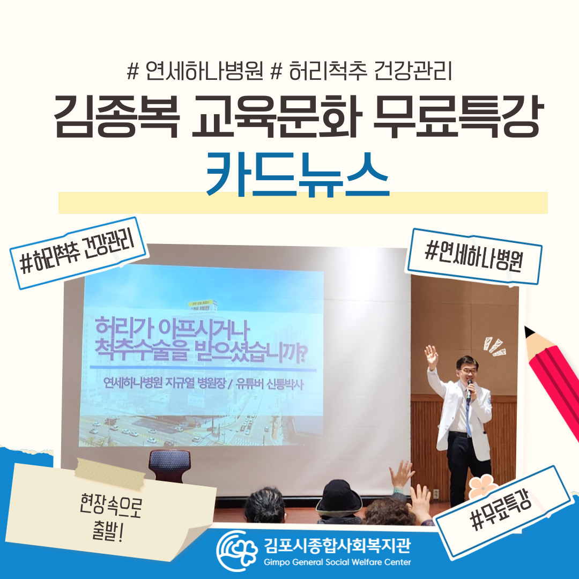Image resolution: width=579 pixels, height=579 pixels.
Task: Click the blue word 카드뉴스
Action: [298, 175]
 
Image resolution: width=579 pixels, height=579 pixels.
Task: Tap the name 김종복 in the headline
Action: [117, 116]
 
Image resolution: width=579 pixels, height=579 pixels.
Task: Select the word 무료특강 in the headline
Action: [458, 116]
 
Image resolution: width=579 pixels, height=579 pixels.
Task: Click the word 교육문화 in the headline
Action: [277, 116]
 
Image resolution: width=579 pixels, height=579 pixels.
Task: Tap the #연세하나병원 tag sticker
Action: [474, 256]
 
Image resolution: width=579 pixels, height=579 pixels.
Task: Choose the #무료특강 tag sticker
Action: [502, 511]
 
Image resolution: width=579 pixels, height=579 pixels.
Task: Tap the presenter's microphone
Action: [469, 390]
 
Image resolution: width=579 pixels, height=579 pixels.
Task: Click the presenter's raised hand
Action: [431, 357]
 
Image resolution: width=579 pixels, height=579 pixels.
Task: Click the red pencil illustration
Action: [552, 380]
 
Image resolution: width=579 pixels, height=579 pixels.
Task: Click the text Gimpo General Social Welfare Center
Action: [337, 562]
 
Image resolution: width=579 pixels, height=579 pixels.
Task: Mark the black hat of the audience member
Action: [339, 497]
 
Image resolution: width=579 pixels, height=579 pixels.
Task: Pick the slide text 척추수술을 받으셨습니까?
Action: [201, 352]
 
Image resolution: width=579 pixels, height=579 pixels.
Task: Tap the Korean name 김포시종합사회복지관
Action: [337, 545]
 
